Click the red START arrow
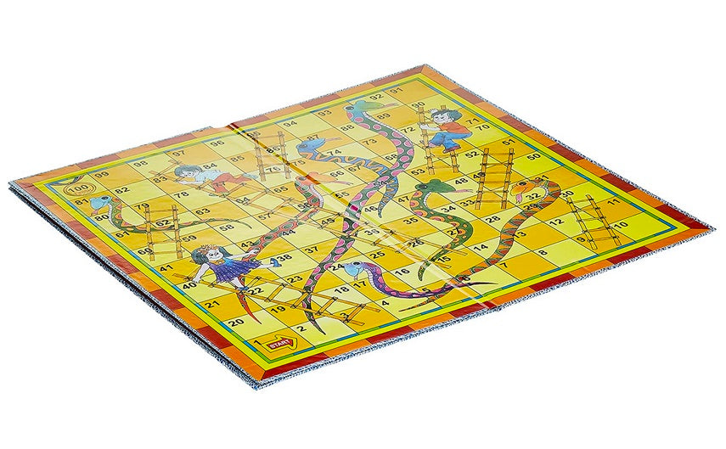point(279,345)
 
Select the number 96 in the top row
point(217,142)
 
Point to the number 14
point(481,246)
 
